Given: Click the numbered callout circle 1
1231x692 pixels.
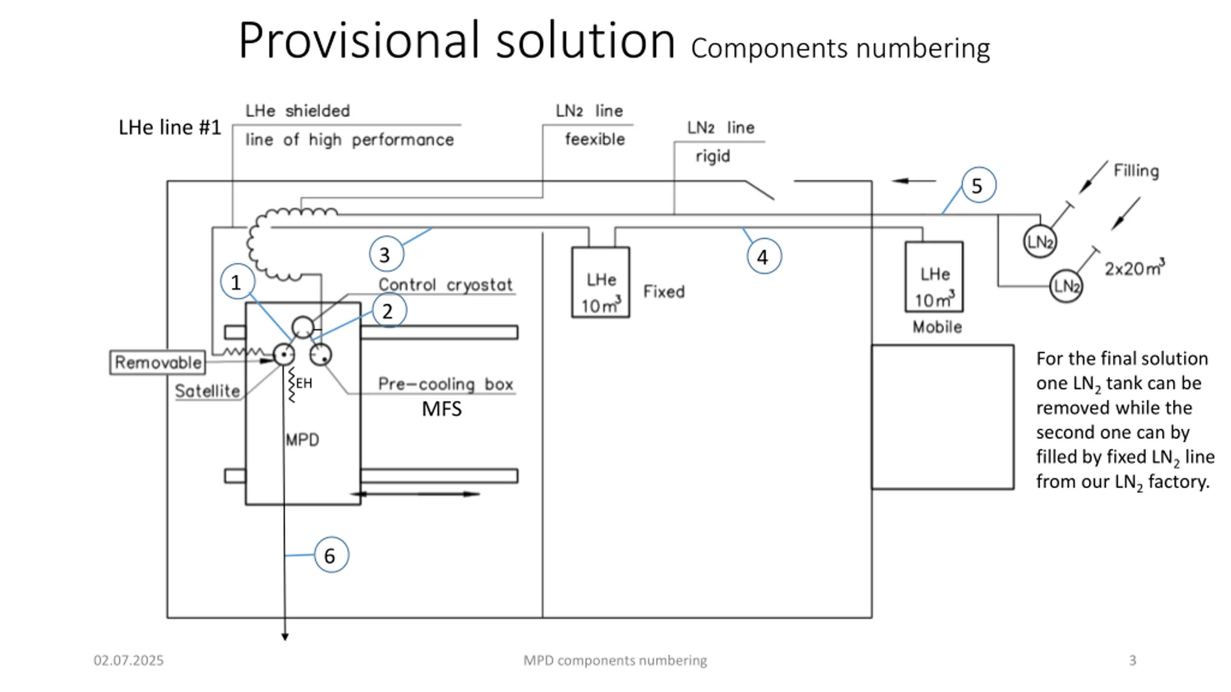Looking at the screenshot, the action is click(x=238, y=282).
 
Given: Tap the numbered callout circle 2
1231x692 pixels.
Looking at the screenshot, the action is click(x=389, y=310).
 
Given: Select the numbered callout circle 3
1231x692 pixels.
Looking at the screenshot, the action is click(x=386, y=254).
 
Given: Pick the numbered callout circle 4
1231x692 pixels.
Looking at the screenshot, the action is click(x=764, y=256).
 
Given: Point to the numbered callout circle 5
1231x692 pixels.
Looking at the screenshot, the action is click(x=979, y=185).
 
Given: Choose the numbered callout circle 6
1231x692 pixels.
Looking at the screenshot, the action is click(x=331, y=555).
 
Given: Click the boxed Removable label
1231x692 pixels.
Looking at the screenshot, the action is click(x=158, y=362).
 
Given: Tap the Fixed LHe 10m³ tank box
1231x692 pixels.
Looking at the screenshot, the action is click(x=601, y=282).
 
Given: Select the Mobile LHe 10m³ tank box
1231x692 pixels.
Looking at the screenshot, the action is click(x=934, y=277).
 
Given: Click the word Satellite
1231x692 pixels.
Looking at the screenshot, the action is click(x=207, y=391).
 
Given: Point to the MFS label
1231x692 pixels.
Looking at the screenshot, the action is click(x=441, y=409).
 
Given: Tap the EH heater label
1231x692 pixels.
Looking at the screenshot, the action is click(x=304, y=383).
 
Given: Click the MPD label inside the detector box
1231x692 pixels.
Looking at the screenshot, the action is click(x=302, y=440).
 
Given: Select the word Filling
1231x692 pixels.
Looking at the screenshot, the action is click(x=1136, y=171).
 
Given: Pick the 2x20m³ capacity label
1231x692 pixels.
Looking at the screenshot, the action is click(x=1135, y=268).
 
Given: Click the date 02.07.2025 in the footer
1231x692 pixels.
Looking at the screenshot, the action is click(x=128, y=660).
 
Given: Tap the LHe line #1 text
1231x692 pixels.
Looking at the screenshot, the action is click(x=170, y=127).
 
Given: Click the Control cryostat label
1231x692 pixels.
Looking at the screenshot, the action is click(x=446, y=284).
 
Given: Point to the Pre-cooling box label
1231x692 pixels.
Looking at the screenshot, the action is click(x=446, y=384).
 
